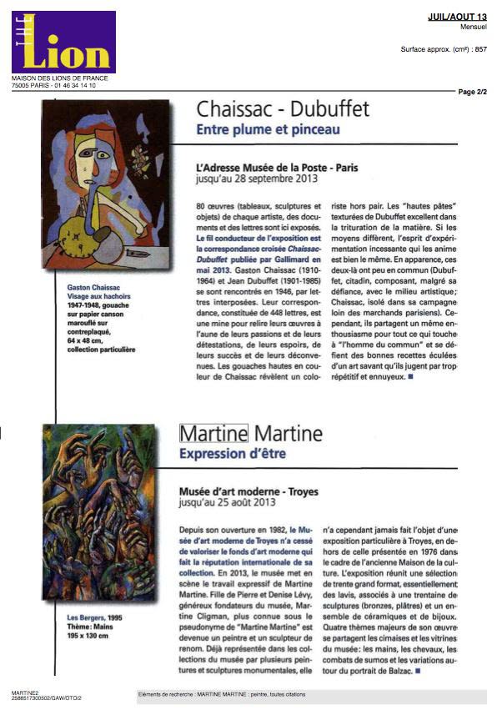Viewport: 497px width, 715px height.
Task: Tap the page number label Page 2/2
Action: (x=472, y=92)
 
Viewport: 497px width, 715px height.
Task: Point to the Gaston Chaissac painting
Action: (x=106, y=184)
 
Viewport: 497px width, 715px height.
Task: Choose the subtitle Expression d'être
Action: (x=233, y=453)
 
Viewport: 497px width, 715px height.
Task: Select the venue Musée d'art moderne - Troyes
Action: (x=248, y=492)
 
